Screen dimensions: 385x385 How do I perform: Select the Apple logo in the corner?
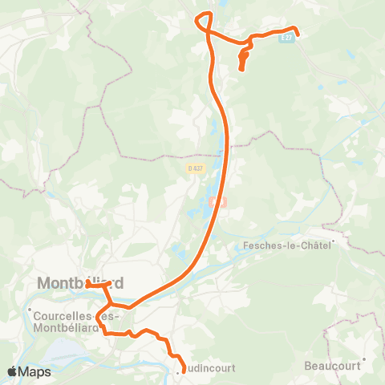(13, 371)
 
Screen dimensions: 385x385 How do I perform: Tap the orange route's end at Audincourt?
(184, 370)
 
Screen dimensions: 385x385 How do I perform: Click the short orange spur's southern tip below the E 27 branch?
(242, 70)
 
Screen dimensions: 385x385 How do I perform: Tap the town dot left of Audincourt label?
(179, 371)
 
